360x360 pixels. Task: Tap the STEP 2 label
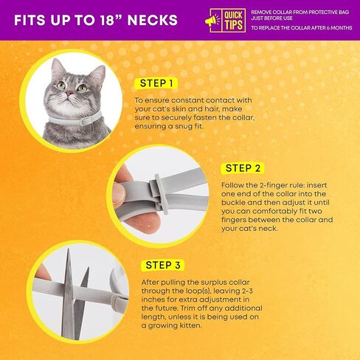pyautogui.click(x=249, y=168)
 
